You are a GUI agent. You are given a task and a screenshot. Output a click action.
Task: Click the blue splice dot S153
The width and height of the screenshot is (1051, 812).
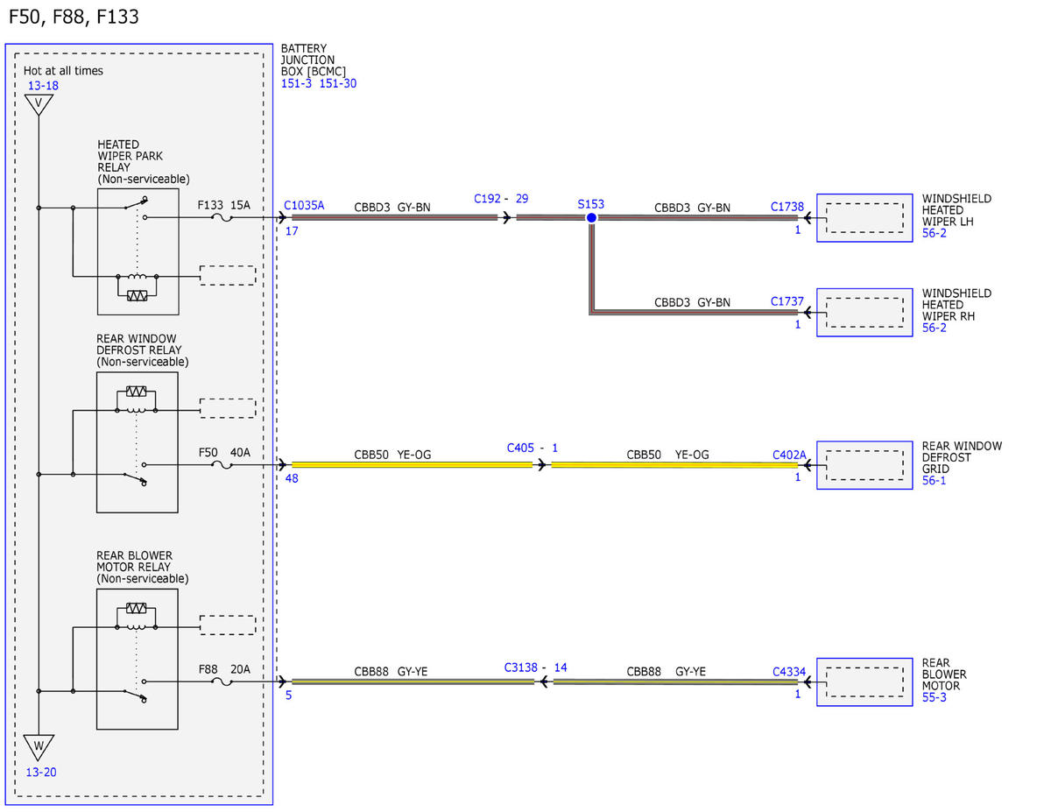click(591, 217)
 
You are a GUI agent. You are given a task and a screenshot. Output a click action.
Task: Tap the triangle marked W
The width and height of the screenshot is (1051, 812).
click(39, 747)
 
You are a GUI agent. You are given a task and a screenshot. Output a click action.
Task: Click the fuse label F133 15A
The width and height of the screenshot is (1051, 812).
click(223, 205)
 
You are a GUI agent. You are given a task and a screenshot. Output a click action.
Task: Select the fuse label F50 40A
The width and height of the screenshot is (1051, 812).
click(224, 452)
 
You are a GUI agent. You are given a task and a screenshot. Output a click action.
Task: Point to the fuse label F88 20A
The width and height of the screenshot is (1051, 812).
click(224, 669)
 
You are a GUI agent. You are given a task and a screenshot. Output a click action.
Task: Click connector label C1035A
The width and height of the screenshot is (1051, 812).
click(304, 205)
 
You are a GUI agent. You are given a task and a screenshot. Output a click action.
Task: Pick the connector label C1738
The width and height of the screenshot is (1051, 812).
click(786, 207)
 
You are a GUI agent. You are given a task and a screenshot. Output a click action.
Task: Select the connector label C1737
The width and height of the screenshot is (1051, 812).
click(786, 301)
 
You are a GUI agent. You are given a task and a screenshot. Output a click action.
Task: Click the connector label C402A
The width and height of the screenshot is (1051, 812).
click(789, 455)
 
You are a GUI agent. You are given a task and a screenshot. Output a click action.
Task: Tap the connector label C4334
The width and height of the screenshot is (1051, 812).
click(789, 671)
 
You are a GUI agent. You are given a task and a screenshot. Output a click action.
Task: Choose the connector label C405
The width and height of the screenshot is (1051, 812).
click(520, 448)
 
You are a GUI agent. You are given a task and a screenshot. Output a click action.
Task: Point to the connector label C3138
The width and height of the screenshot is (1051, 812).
click(520, 667)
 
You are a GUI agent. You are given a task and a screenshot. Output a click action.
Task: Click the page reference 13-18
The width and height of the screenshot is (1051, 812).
click(43, 86)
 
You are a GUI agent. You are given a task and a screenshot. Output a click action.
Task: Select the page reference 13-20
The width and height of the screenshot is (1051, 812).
click(41, 772)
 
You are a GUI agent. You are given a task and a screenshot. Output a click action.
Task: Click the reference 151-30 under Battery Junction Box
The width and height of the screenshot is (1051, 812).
click(337, 83)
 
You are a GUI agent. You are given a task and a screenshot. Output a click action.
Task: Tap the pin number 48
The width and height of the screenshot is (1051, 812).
click(292, 478)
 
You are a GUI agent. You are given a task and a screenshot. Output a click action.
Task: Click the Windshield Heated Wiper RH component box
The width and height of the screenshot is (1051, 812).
click(864, 313)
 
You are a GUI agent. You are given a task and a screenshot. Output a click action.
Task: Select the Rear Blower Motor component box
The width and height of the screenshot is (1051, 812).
click(864, 681)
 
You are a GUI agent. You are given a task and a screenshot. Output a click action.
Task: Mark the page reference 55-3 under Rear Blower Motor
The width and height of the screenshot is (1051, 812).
click(934, 697)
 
